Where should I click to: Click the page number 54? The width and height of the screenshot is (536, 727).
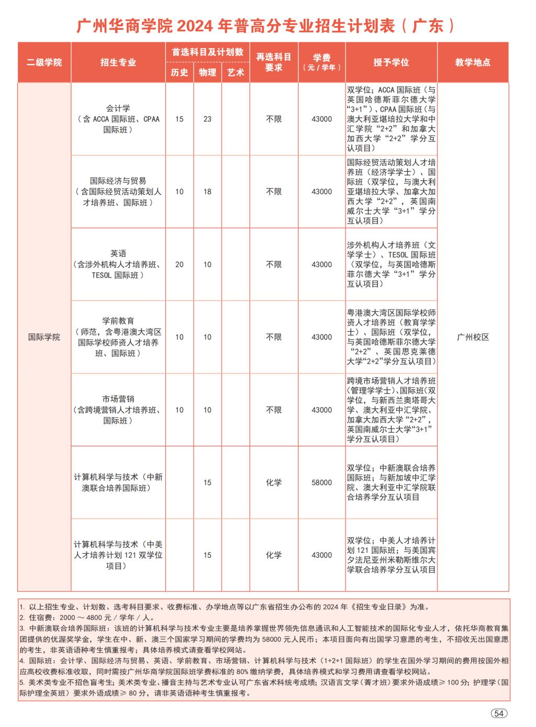[x=499, y=713]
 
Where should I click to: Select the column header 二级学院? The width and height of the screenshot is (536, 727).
[x=44, y=62]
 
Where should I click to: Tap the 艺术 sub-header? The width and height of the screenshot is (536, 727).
[x=236, y=73]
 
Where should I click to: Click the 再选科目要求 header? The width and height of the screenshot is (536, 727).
[x=273, y=62]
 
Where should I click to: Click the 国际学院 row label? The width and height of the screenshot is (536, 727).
[x=44, y=337]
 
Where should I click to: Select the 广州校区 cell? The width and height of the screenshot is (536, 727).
[x=473, y=337]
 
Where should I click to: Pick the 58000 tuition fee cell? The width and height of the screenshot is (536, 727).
[x=321, y=483]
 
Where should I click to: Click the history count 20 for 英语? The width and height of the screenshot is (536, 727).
[x=180, y=264]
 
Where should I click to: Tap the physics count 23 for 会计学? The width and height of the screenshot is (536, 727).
[x=207, y=119]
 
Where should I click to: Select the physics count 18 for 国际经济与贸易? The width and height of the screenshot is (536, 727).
[x=207, y=192]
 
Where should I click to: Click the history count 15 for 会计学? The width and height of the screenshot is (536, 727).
[x=180, y=119]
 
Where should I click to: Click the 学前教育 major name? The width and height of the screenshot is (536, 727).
[x=118, y=321]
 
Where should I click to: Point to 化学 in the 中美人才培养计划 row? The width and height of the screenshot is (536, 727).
[x=273, y=555]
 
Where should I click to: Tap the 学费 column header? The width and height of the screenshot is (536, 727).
[x=321, y=62]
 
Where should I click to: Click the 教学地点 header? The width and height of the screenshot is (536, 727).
[x=473, y=62]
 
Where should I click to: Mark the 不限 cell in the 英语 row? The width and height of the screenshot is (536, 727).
[x=273, y=264]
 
